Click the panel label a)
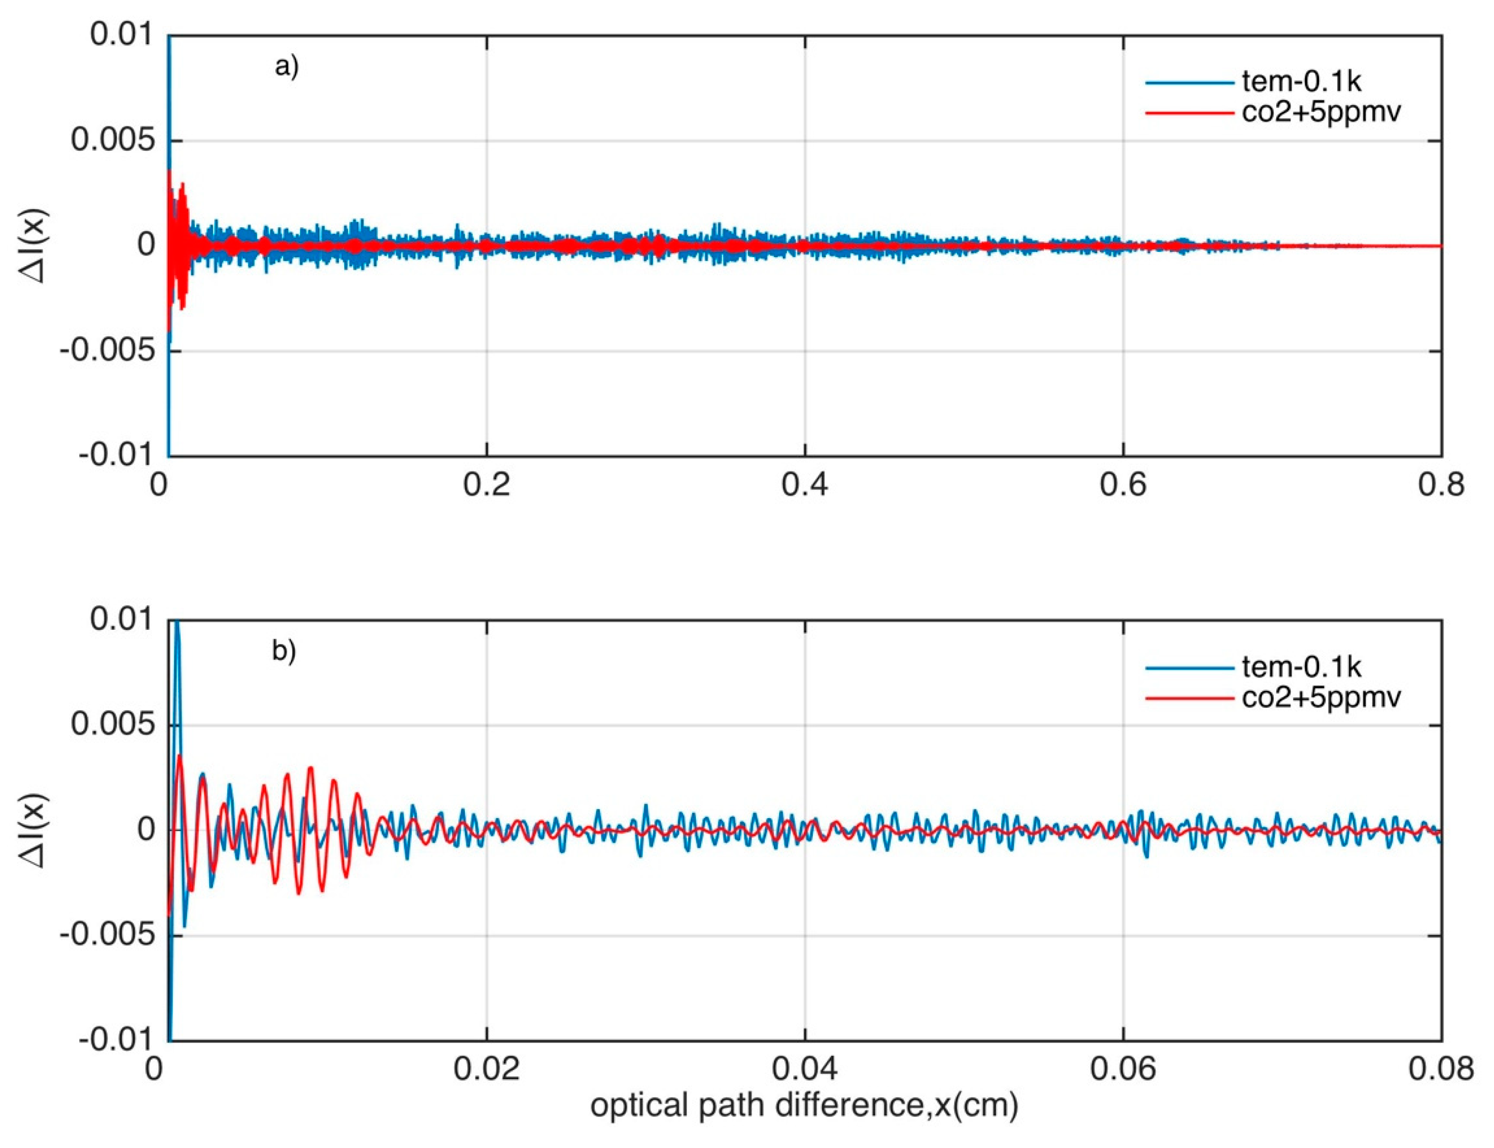tap(286, 67)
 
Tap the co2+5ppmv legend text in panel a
tap(1321, 111)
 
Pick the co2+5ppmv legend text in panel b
tap(1321, 697)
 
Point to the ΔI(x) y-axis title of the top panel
tap(34, 245)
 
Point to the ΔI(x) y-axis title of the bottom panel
tap(34, 830)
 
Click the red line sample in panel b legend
tap(1189, 698)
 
